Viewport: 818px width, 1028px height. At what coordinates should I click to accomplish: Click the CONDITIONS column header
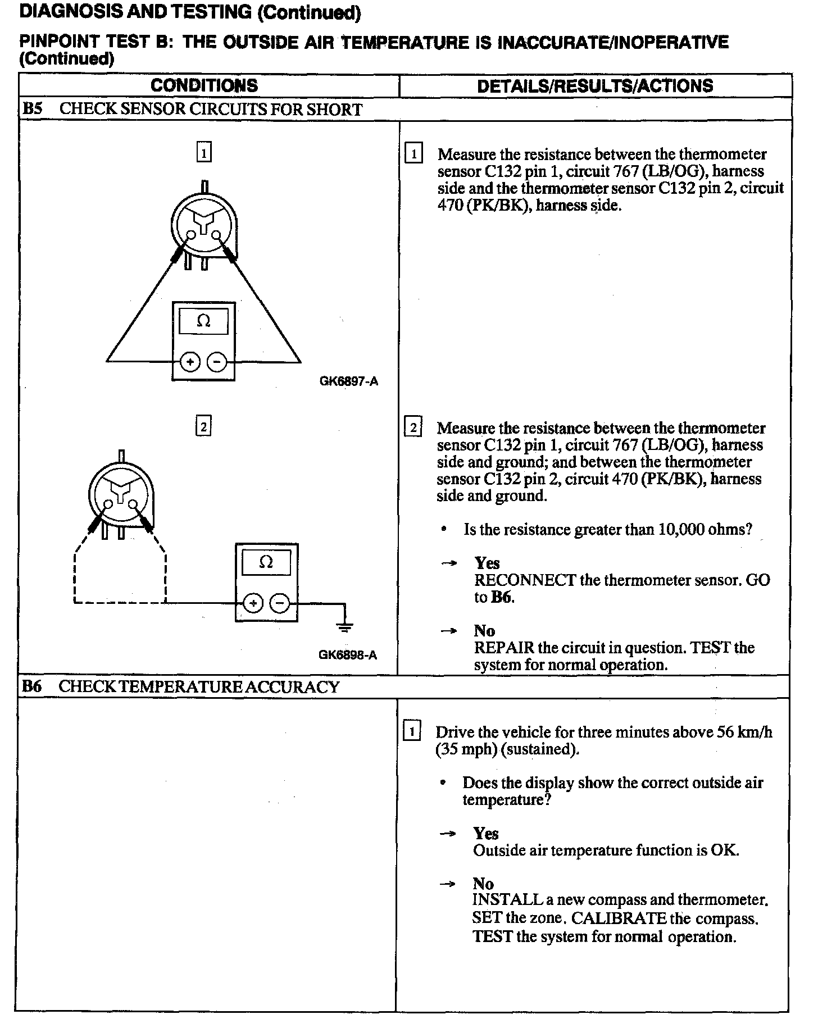204,85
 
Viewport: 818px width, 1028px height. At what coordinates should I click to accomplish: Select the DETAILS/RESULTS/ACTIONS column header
595,86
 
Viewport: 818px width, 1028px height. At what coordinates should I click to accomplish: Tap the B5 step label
33,109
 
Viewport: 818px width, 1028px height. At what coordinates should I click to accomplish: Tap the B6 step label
33,686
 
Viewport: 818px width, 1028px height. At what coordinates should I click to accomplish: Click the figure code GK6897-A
348,381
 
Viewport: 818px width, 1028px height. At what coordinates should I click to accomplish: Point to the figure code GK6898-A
347,655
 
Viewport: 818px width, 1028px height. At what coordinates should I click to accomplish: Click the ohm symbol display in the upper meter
203,321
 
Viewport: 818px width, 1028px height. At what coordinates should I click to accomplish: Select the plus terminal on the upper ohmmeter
190,362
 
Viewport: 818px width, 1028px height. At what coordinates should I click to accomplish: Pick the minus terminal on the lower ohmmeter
280,603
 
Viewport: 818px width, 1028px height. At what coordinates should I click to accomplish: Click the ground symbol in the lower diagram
344,625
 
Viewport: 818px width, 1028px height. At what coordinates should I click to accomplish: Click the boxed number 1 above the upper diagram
203,152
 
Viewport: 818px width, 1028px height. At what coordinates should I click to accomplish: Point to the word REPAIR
504,648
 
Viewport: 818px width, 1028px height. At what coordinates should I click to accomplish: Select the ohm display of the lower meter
266,562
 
